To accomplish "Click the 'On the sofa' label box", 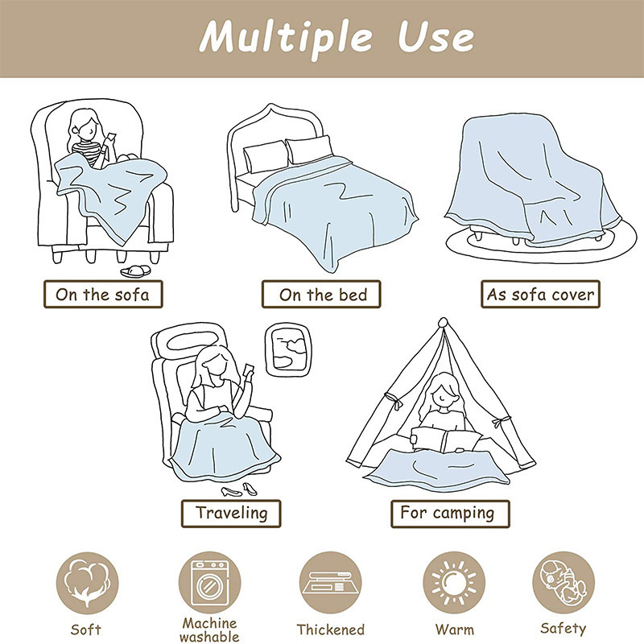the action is (103, 294).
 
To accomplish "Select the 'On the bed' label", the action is (321, 294).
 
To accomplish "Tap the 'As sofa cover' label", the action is (540, 294).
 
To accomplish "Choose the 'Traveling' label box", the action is (231, 514).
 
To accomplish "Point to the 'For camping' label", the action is (450, 514).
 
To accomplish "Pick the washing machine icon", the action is (209, 583).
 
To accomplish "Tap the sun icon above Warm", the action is (454, 583).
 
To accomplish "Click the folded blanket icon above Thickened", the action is (330, 583).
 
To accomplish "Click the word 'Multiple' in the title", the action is (286, 38).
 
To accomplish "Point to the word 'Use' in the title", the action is (436, 37).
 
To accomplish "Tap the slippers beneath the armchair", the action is (135, 271).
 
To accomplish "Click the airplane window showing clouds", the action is (288, 350).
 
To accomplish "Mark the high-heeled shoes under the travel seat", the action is (239, 490).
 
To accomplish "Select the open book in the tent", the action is (446, 440).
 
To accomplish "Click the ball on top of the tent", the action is (443, 322).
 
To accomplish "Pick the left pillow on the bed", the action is (266, 156).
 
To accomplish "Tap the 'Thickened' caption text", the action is (330, 630).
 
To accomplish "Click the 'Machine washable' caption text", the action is (209, 630).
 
